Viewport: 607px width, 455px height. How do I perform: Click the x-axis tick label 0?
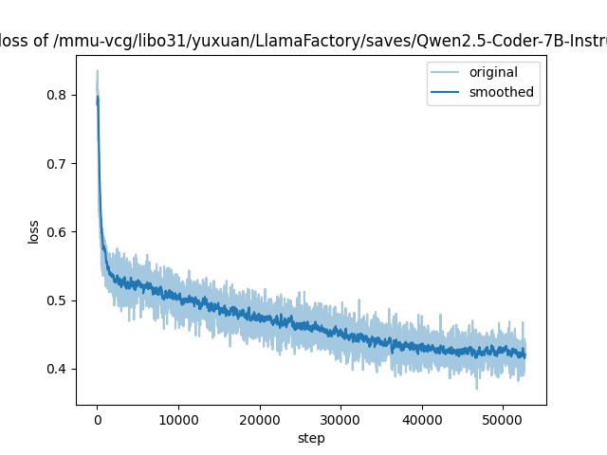pyautogui.click(x=97, y=419)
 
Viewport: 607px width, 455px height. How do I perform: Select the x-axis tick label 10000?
pyautogui.click(x=177, y=419)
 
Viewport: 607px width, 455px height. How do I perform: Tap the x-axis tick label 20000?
pyautogui.click(x=259, y=419)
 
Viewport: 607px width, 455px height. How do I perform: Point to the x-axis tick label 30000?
pyautogui.click(x=340, y=419)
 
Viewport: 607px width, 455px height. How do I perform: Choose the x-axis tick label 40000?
pyautogui.click(x=421, y=419)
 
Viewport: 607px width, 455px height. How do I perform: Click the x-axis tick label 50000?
pyautogui.click(x=502, y=419)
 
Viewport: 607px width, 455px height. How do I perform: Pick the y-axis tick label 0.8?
pyautogui.click(x=59, y=95)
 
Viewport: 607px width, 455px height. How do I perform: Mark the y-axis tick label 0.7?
pyautogui.click(x=59, y=163)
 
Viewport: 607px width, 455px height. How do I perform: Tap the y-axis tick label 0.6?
pyautogui.click(x=59, y=231)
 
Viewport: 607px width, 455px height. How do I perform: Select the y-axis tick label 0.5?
pyautogui.click(x=59, y=300)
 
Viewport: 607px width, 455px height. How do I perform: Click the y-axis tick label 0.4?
pyautogui.click(x=59, y=369)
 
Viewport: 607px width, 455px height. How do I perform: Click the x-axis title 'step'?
pyautogui.click(x=311, y=437)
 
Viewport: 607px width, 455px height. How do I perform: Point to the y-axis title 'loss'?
pyautogui.click(x=33, y=231)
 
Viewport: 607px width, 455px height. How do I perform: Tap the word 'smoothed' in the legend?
pyautogui.click(x=501, y=93)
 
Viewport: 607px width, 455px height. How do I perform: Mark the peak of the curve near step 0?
pyautogui.click(x=97, y=71)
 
